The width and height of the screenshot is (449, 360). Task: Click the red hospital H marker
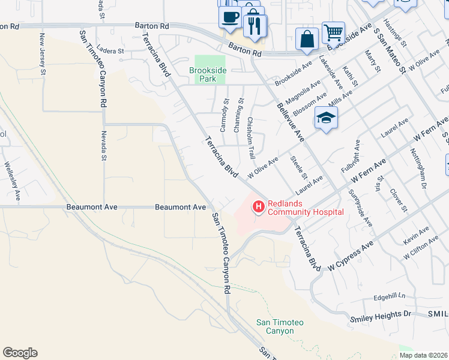pyautogui.click(x=259, y=207)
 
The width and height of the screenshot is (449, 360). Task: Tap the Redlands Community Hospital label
pyautogui.click(x=306, y=208)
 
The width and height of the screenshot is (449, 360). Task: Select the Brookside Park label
pyautogui.click(x=208, y=74)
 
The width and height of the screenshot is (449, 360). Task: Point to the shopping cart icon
pyautogui.click(x=333, y=32)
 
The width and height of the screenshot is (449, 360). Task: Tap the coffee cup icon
pyautogui.click(x=229, y=16)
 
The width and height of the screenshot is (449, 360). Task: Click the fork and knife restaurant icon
pyautogui.click(x=255, y=25)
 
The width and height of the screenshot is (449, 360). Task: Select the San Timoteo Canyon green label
pyautogui.click(x=280, y=326)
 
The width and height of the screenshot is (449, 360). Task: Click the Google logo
pyautogui.click(x=20, y=353)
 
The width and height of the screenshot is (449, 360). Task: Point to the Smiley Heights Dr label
pyautogui.click(x=381, y=314)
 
